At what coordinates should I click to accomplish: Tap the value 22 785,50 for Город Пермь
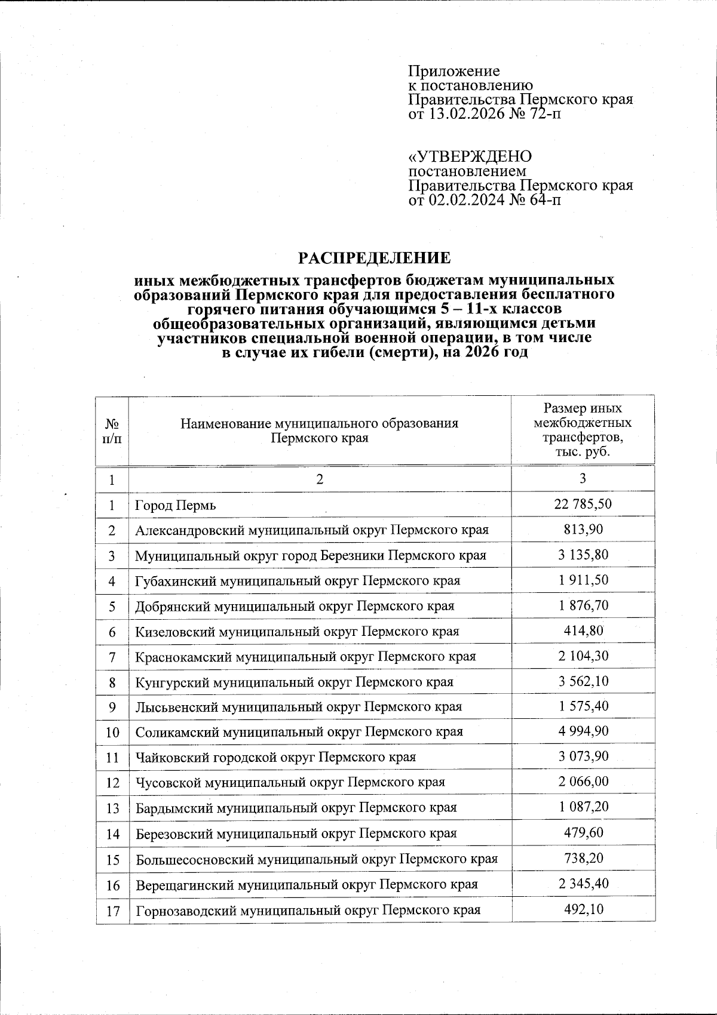click(x=583, y=504)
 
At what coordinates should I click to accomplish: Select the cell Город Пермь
click(x=176, y=506)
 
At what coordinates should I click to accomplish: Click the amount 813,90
click(x=583, y=529)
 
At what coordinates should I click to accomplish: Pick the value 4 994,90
click(x=583, y=731)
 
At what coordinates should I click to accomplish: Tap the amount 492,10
click(x=583, y=910)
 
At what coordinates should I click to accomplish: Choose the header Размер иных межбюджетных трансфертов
click(x=583, y=430)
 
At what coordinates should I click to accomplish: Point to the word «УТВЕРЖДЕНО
click(x=470, y=156)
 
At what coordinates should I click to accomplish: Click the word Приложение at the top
click(x=454, y=71)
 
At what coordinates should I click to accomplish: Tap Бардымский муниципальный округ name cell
click(x=296, y=808)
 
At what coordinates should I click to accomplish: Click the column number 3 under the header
click(x=583, y=479)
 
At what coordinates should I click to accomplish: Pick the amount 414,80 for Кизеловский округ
click(x=583, y=630)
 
